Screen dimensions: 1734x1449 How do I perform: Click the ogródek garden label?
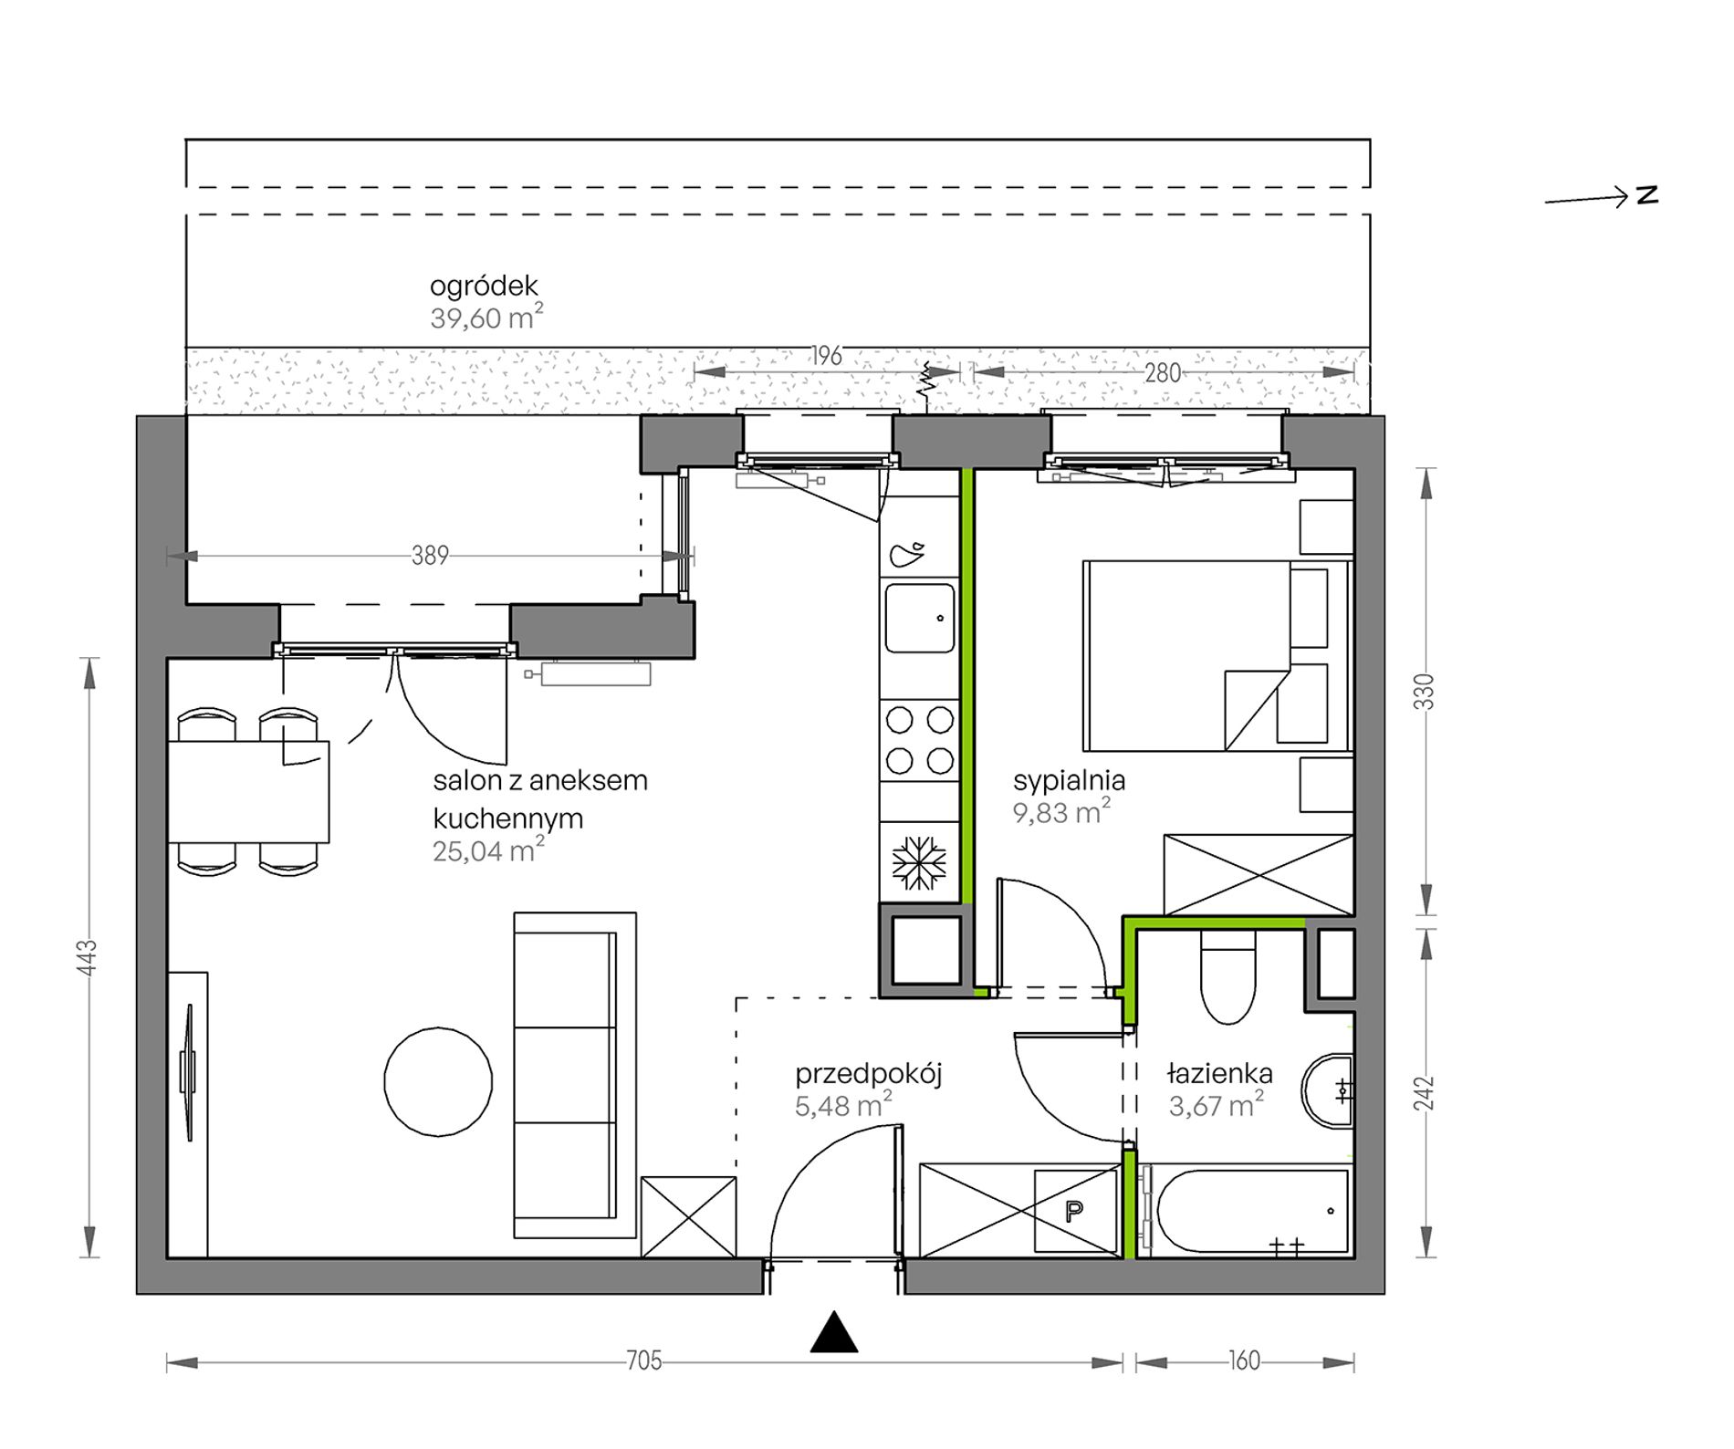[484, 287]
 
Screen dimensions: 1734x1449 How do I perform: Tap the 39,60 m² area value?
[486, 318]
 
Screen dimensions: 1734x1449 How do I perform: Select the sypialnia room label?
[1069, 781]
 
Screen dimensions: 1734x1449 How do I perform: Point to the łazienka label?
[1219, 1074]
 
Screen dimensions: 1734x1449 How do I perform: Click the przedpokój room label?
[868, 1074]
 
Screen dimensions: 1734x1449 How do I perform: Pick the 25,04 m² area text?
[488, 850]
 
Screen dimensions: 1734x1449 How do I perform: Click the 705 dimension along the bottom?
[644, 1361]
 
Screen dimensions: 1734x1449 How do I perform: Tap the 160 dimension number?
[1245, 1361]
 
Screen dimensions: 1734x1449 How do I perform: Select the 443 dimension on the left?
[88, 958]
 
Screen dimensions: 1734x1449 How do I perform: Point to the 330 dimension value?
[1426, 692]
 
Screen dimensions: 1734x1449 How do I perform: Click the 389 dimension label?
[430, 556]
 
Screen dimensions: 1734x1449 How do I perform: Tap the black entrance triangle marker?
[834, 1332]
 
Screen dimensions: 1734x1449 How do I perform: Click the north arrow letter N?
[1647, 195]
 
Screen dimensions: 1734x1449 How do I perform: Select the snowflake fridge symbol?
[919, 862]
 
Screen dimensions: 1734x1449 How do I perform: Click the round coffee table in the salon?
[438, 1081]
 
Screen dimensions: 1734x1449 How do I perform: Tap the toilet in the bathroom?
[1230, 976]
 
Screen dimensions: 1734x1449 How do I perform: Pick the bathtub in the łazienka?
[1245, 1211]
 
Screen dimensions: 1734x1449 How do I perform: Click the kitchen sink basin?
[920, 618]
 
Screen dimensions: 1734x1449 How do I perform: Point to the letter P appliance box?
[1075, 1212]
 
